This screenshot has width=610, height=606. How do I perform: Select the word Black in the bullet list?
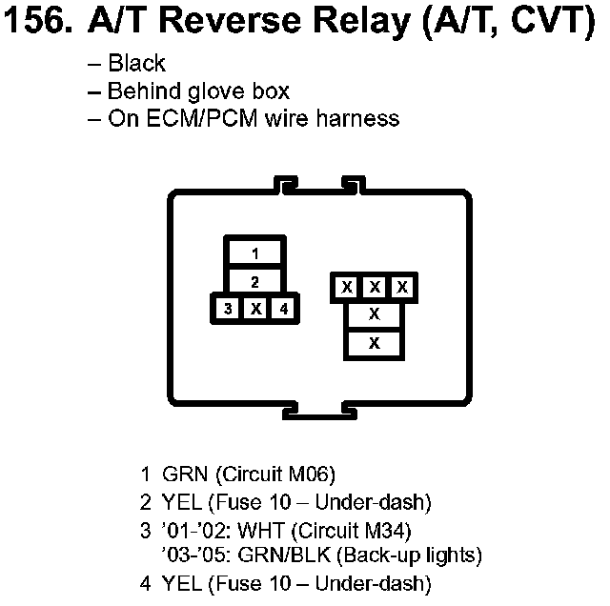pyautogui.click(x=137, y=65)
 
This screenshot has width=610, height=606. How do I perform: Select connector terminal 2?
pyautogui.click(x=255, y=281)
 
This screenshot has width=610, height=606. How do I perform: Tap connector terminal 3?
pyautogui.click(x=227, y=308)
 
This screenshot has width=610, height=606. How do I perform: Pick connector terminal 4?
pyautogui.click(x=284, y=308)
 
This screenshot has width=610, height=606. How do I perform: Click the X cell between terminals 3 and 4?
pyautogui.click(x=255, y=308)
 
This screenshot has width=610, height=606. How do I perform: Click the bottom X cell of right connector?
pyautogui.click(x=375, y=342)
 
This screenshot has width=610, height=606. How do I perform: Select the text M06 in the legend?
pyautogui.click(x=311, y=474)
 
